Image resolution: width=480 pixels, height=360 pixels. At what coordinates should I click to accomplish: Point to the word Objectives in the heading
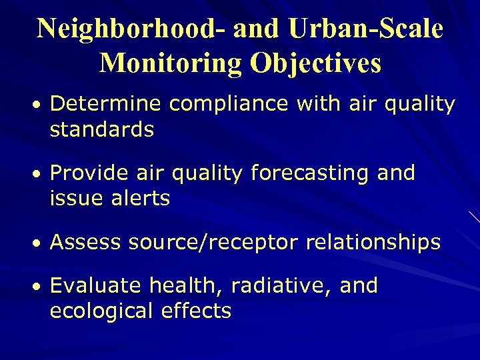tap(315, 63)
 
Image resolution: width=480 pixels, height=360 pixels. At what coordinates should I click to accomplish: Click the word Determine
tap(107, 105)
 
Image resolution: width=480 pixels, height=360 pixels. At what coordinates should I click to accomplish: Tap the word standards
tap(102, 129)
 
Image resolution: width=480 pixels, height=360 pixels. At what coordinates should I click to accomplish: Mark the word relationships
tap(373, 243)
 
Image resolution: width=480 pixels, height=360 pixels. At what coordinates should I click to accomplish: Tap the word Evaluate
tap(96, 286)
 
